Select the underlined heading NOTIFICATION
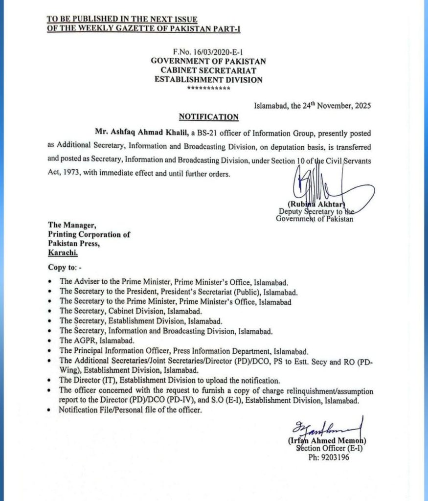pyautogui.click(x=208, y=117)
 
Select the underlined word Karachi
pyautogui.click(x=62, y=252)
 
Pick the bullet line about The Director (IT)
pyautogui.click(x=169, y=380)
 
